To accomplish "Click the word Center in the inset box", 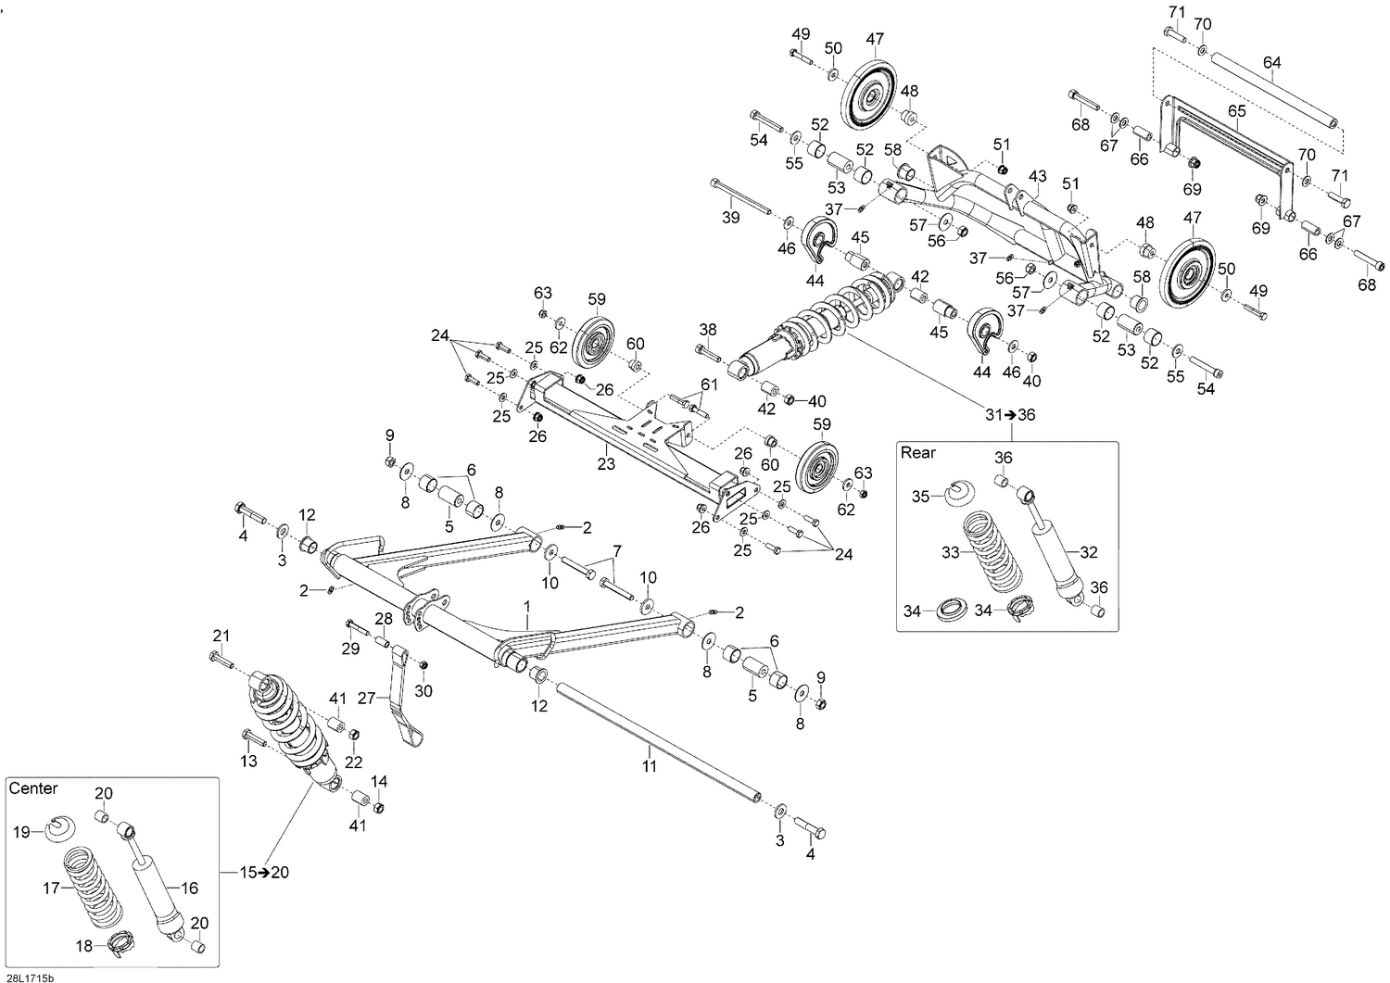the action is [32, 788].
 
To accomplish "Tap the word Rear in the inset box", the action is [917, 453].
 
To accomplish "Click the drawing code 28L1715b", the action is [29, 978].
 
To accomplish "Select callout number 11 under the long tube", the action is [649, 766].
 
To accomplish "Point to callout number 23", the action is [606, 463].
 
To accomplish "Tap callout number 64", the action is [1271, 63].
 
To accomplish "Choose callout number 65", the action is [1237, 111].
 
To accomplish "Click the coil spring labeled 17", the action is [93, 888].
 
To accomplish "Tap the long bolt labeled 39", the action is [741, 196].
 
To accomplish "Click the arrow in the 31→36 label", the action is [1010, 415].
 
